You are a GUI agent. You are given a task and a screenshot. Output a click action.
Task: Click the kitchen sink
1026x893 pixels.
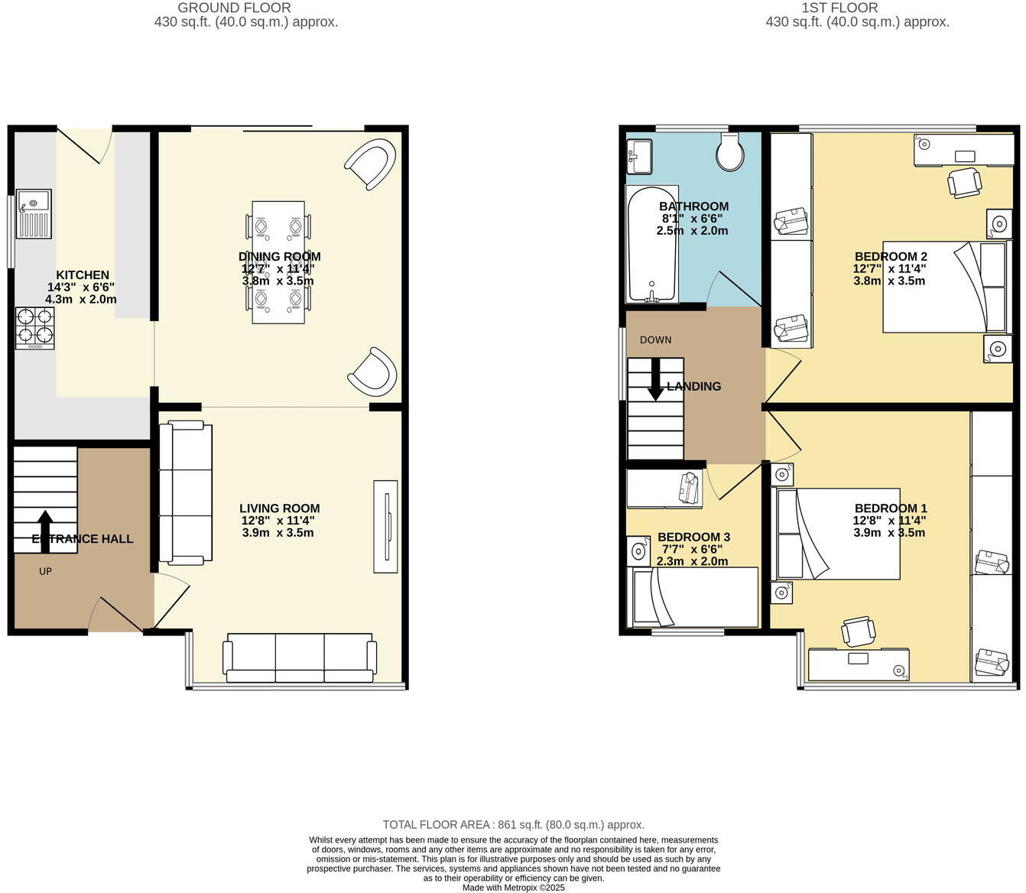point(34,214)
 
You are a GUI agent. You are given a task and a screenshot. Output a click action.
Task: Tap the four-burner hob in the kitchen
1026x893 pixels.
point(35,328)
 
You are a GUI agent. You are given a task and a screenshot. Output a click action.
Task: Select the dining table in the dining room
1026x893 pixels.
point(278,261)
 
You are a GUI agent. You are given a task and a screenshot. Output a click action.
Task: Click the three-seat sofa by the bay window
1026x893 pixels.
point(299,658)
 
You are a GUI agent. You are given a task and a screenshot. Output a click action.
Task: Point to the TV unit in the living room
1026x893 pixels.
point(385,526)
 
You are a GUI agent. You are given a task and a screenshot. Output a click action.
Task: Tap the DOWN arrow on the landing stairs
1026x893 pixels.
point(655,380)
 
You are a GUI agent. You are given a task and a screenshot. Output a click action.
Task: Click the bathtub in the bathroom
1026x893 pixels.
point(652,244)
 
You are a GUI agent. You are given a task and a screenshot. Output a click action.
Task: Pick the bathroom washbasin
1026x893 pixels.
point(639,157)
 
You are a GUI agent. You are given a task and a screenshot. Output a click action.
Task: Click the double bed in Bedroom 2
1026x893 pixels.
point(946,287)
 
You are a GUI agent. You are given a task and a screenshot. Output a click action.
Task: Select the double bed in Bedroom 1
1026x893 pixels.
point(837,534)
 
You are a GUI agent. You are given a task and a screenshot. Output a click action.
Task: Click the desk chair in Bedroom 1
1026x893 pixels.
point(859,632)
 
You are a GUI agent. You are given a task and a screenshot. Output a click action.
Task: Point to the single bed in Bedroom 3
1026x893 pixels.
point(693,597)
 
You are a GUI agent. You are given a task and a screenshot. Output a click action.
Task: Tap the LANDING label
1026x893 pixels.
point(693,386)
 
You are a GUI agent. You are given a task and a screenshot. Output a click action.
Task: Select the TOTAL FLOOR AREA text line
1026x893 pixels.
point(513,824)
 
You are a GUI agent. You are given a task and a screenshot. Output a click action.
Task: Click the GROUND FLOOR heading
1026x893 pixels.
point(234,8)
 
